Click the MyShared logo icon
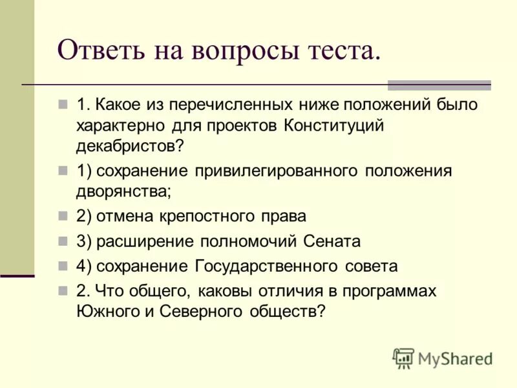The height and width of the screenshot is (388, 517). pyautogui.click(x=404, y=358)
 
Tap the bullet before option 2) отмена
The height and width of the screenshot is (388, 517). pyautogui.click(x=63, y=216)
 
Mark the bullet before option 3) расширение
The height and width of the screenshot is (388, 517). pyautogui.click(x=63, y=241)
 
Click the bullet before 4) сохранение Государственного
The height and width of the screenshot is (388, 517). pyautogui.click(x=63, y=266)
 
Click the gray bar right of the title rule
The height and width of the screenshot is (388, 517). pyautogui.click(x=439, y=85)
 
